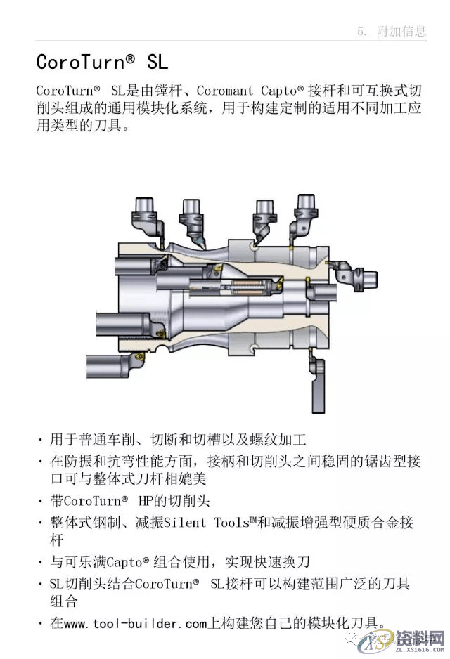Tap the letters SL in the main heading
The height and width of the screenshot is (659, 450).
(157, 62)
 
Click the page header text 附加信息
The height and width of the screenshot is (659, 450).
(401, 31)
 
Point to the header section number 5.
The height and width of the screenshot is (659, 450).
(362, 31)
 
